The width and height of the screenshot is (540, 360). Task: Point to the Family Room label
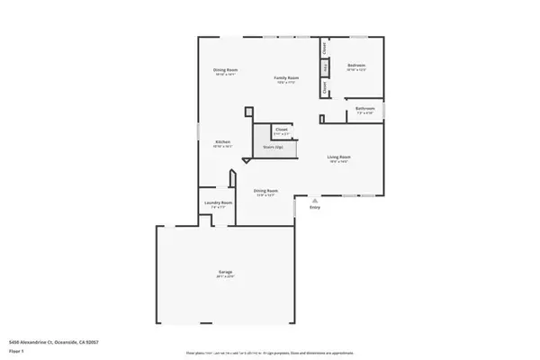tap(286, 78)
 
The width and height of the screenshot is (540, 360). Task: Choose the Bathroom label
tap(364, 108)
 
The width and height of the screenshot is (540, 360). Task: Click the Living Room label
tap(338, 157)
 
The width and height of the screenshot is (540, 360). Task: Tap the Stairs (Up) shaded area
tap(273, 147)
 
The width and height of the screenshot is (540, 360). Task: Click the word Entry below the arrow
tap(315, 208)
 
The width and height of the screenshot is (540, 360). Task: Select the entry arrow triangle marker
tap(315, 200)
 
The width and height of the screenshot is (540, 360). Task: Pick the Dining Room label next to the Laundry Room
tap(265, 190)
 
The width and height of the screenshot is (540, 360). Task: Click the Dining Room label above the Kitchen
tap(225, 70)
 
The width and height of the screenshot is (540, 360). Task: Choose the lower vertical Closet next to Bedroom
tap(325, 87)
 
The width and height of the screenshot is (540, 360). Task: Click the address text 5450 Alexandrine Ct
tap(53, 342)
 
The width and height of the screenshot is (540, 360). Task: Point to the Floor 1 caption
tap(17, 349)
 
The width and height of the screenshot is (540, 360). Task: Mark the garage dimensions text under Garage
tap(225, 276)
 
